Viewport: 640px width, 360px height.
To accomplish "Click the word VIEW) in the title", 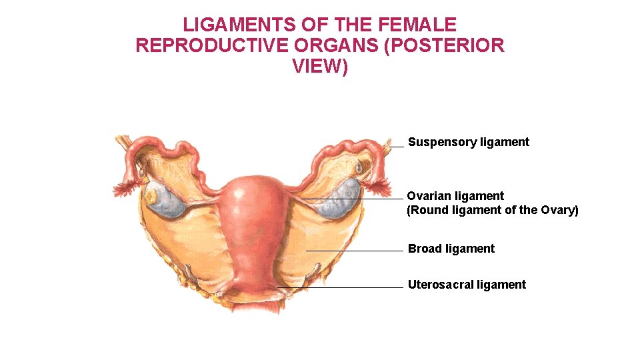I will click(x=320, y=67).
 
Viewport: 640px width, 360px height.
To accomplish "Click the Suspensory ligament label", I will click(x=468, y=142).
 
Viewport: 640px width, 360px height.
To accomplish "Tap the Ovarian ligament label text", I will click(x=455, y=196).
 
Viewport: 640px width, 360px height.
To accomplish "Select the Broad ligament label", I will click(x=451, y=249).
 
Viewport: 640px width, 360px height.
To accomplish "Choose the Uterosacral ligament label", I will click(x=467, y=285).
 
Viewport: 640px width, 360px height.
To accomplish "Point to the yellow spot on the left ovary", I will click(x=153, y=197).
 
